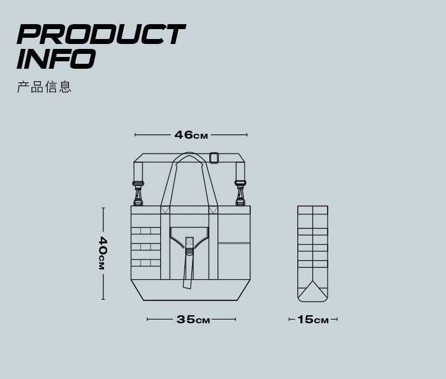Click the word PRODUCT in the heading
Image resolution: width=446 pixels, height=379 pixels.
100,35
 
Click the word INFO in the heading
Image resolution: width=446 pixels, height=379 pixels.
56,59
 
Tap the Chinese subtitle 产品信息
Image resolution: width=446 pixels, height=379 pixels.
44,87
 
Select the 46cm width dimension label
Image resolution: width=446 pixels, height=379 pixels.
191,135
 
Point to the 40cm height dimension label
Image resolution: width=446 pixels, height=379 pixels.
103,253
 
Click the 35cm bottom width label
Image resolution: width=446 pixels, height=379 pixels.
193,320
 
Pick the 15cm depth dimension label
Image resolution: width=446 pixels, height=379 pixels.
313,320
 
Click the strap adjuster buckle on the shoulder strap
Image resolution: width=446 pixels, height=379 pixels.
214,158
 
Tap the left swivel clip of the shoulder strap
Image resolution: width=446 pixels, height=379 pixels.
138,192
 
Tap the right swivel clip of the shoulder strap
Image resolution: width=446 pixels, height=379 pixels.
240,192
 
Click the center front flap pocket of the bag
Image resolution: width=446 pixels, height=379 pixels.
190,238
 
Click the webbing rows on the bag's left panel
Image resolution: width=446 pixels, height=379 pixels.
146,247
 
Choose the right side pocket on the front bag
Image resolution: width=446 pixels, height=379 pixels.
234,260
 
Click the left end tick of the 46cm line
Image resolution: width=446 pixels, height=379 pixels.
135,134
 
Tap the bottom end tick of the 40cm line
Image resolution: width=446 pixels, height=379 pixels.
103,299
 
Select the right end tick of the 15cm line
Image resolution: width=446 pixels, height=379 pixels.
337,320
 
